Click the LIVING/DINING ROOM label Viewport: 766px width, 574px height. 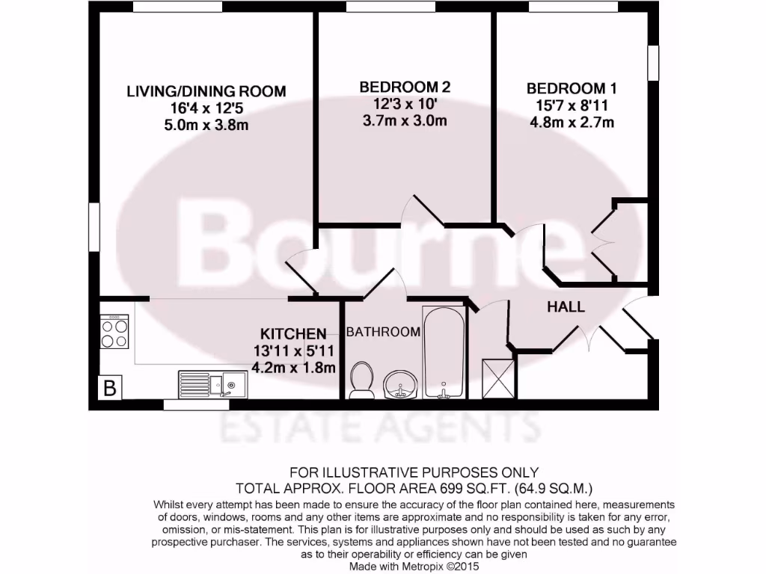click(x=206, y=92)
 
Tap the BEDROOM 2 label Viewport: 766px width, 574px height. click(x=405, y=87)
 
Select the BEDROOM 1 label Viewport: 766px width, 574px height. click(x=572, y=88)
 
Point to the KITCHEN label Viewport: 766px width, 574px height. click(x=293, y=334)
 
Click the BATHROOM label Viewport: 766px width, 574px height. click(x=383, y=332)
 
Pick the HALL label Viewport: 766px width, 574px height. click(x=566, y=307)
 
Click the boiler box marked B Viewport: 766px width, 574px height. click(x=110, y=389)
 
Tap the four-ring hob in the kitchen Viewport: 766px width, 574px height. click(x=114, y=333)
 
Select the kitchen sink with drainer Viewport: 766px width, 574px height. click(x=213, y=384)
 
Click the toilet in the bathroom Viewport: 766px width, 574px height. click(x=363, y=380)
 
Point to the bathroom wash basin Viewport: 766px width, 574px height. click(x=401, y=385)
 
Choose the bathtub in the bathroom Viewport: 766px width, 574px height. click(x=444, y=351)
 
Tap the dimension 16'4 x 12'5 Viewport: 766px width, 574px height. click(x=206, y=108)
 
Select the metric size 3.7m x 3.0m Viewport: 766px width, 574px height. click(x=405, y=120)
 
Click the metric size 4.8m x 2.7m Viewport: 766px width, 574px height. click(x=572, y=122)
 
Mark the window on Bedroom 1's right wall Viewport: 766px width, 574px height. click(x=654, y=63)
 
